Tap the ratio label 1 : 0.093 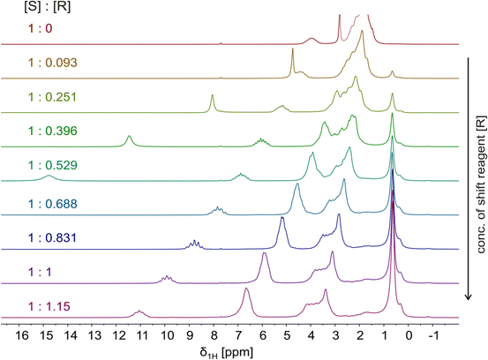pyautogui.click(x=41, y=63)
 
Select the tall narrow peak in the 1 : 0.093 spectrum pyautogui.click(x=293, y=53)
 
